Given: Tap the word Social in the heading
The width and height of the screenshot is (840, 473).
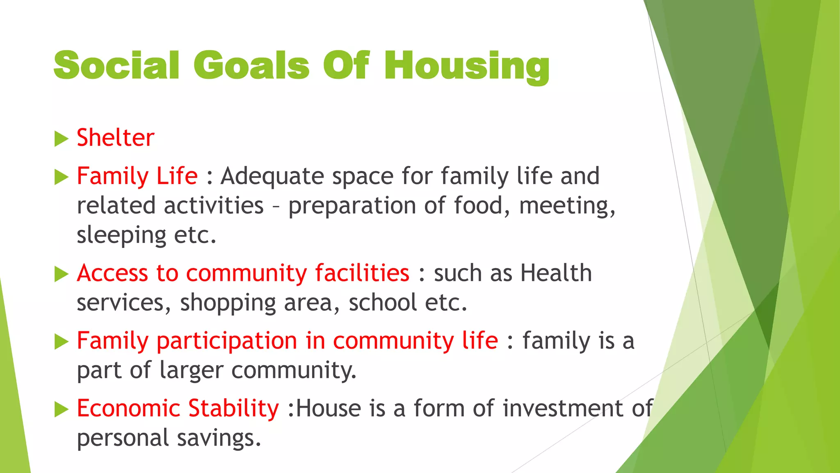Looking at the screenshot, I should (x=116, y=66).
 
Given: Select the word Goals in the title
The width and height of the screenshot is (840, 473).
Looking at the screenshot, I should (x=251, y=66).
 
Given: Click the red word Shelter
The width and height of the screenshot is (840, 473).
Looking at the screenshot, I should (x=115, y=138).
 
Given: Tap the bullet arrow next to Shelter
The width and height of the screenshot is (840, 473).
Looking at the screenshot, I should (x=61, y=139).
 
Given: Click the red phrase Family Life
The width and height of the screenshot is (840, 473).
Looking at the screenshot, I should (x=137, y=176).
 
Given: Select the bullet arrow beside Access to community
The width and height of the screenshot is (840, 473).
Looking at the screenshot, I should (x=61, y=274).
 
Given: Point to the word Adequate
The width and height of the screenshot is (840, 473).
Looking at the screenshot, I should (x=272, y=177).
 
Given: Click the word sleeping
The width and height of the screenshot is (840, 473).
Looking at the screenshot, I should (x=121, y=236).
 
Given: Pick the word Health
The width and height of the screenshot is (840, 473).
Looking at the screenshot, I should (x=556, y=273).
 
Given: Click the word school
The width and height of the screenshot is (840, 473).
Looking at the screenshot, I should (x=383, y=303).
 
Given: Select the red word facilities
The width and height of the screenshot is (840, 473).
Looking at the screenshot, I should (x=362, y=273).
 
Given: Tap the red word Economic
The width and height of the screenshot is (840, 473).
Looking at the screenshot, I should (x=128, y=408).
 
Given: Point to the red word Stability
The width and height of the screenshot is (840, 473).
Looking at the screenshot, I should (x=233, y=408).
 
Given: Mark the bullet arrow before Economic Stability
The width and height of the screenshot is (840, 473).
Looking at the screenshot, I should (x=61, y=409).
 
